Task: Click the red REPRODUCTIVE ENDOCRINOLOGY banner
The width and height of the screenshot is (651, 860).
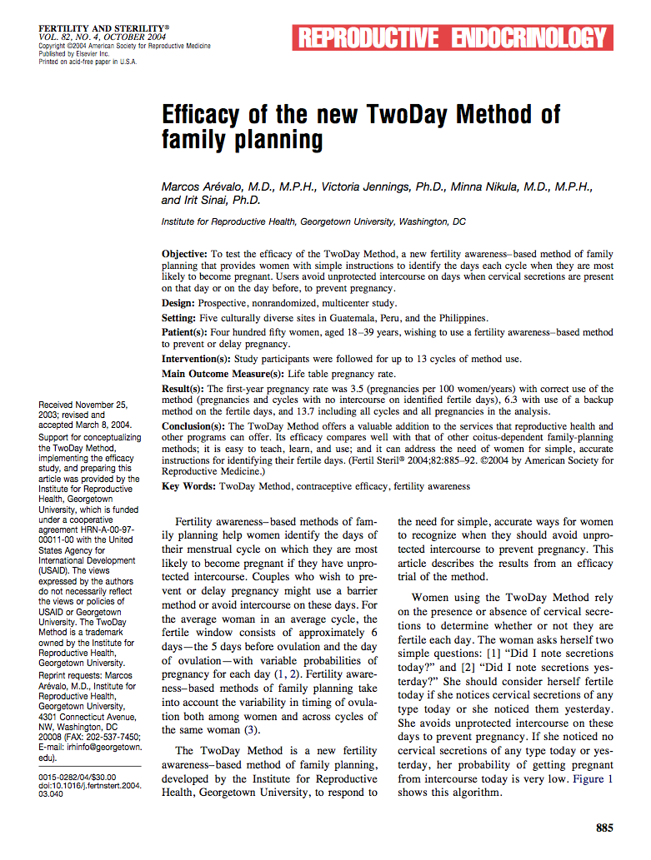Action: click(x=451, y=37)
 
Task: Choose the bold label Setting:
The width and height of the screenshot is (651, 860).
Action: click(x=179, y=318)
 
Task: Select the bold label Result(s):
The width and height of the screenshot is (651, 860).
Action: click(x=183, y=389)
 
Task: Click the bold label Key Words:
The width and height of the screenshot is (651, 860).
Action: click(x=188, y=486)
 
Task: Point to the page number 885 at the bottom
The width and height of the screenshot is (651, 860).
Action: click(x=604, y=828)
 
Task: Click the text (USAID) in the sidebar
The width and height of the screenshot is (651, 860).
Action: click(x=56, y=571)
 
